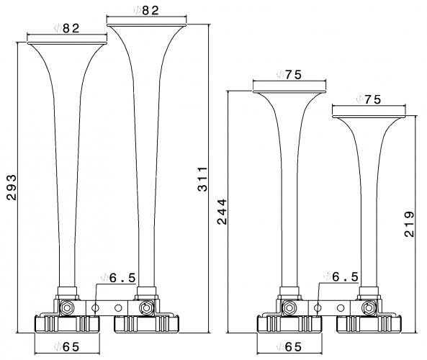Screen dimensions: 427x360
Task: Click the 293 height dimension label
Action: pyautogui.click(x=12, y=188)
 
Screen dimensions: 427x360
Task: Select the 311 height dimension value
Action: pyautogui.click(x=202, y=179)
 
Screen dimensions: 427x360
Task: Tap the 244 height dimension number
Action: pyautogui.click(x=222, y=212)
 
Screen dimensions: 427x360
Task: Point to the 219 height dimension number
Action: pyautogui.click(x=409, y=224)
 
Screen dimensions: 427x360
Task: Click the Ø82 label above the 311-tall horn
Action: pyautogui.click(x=146, y=10)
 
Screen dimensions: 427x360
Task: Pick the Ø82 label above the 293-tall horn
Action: pyautogui.click(x=67, y=28)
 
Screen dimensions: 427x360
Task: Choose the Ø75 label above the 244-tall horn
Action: pyautogui.click(x=289, y=74)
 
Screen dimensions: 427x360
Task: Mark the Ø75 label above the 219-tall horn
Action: pyautogui.click(x=369, y=99)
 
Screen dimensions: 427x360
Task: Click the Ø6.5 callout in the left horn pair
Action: pyautogui.click(x=118, y=278)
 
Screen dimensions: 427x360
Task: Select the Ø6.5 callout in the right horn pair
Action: pyautogui.click(x=341, y=277)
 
